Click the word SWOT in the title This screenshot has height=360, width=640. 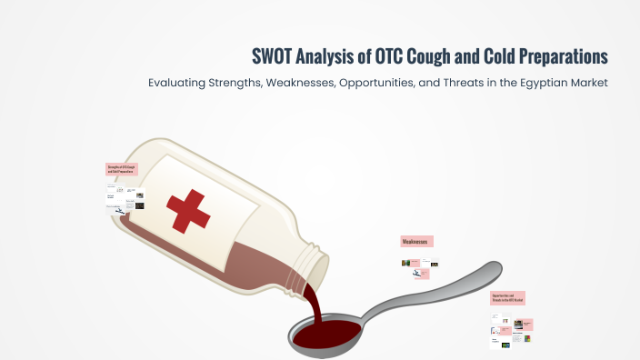click(x=272, y=56)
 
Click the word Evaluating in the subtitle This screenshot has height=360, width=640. click(x=183, y=83)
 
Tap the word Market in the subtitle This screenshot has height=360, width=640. click(x=586, y=83)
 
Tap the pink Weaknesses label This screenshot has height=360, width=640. click(x=416, y=242)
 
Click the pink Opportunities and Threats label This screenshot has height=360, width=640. click(x=507, y=298)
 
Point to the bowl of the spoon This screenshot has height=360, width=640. click(x=327, y=334)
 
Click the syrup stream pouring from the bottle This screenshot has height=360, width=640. click(x=313, y=305)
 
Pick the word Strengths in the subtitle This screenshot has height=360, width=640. click(x=251, y=83)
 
